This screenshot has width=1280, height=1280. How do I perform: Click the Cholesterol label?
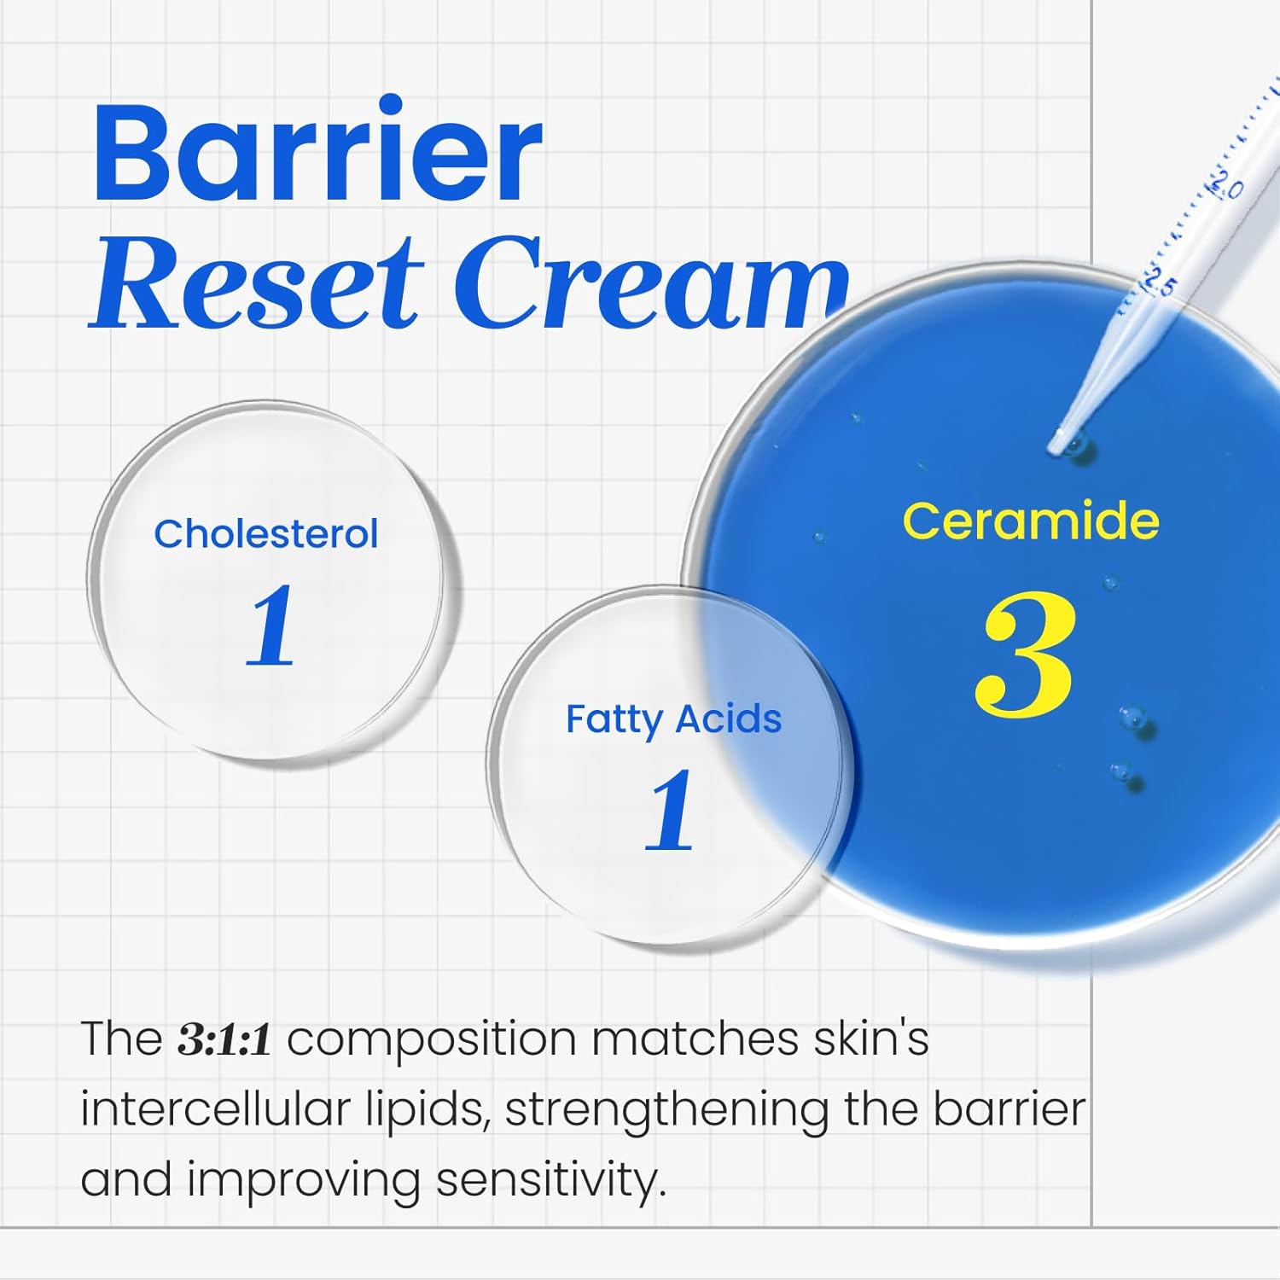pos(265,535)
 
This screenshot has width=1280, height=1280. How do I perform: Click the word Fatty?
pos(614,719)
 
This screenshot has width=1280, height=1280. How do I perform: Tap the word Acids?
pos(729,719)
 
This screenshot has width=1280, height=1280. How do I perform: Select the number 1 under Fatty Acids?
pos(669,810)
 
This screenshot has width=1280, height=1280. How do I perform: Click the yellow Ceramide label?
pos(1031,521)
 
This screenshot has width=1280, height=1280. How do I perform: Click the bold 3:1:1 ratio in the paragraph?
pos(224,1040)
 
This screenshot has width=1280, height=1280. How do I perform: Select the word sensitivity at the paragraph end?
pos(550,1181)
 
